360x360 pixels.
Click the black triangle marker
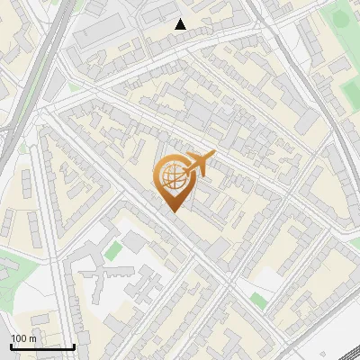click(181, 24)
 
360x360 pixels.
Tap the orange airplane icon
click(199, 163)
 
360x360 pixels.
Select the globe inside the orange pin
click(171, 178)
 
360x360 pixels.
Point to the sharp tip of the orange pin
click(172, 211)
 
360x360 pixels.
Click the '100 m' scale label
click(23, 338)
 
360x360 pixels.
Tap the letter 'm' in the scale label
click(32, 338)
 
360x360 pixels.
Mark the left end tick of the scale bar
click(11, 346)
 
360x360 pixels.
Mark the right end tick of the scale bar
click(74, 346)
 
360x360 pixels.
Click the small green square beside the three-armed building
click(112, 251)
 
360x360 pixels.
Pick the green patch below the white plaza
click(258, 301)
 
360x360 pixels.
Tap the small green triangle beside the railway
click(22, 148)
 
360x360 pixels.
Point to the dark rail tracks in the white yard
click(333, 346)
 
